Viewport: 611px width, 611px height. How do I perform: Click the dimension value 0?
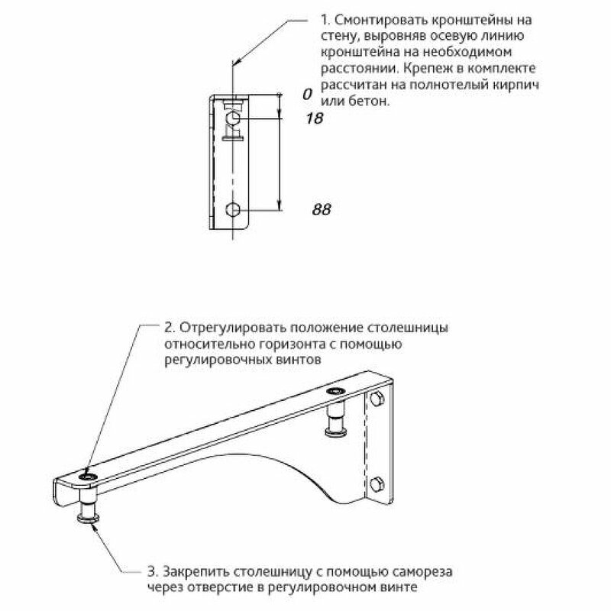pyautogui.click(x=307, y=94)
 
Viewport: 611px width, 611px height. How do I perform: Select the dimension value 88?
pyautogui.click(x=322, y=209)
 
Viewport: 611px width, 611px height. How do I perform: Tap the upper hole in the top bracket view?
pyautogui.click(x=234, y=118)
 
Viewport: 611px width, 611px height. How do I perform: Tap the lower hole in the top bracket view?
pyautogui.click(x=234, y=209)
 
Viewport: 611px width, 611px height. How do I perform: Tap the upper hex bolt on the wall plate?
pyautogui.click(x=376, y=399)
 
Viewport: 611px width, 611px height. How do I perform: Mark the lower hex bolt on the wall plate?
pyautogui.click(x=376, y=483)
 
